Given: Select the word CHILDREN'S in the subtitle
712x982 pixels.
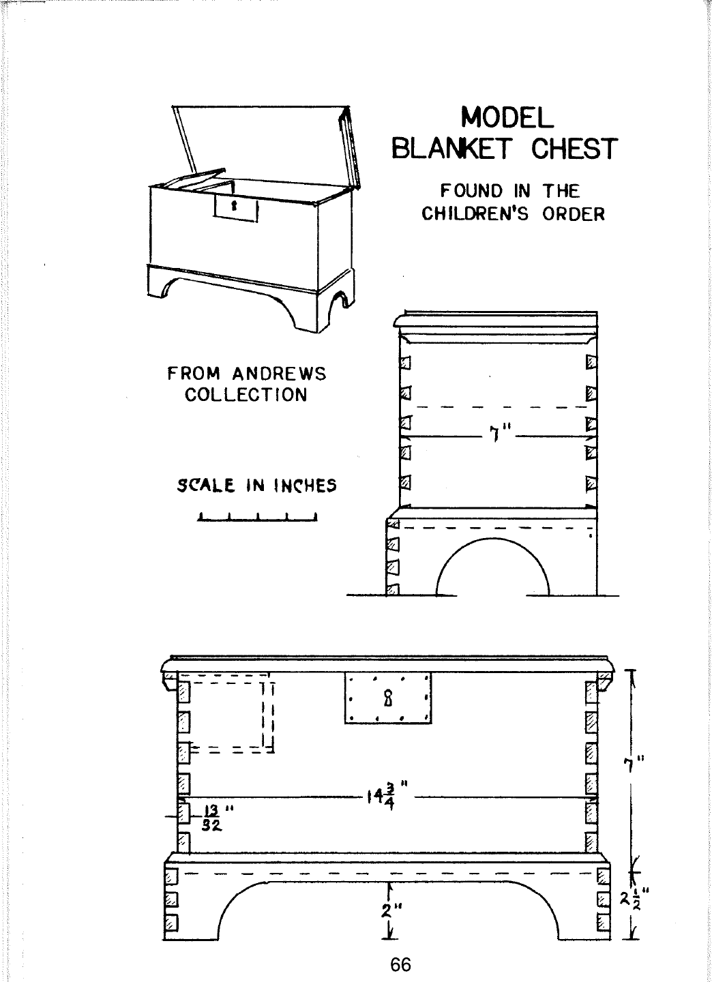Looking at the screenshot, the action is pos(475,213).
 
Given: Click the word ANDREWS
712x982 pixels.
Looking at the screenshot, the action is pos(280,374).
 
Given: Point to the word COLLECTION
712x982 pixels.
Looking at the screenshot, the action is pos(246,395).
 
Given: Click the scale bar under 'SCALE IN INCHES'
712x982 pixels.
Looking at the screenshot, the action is pos(257,517).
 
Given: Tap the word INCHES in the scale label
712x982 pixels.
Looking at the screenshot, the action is pos(306,486).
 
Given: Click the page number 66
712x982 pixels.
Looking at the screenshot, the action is pos(401,964).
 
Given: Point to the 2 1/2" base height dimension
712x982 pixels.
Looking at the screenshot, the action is pos(634,898).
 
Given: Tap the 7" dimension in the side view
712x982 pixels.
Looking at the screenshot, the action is pos(501,434).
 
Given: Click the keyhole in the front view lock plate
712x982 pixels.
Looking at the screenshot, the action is pos(388,698).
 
